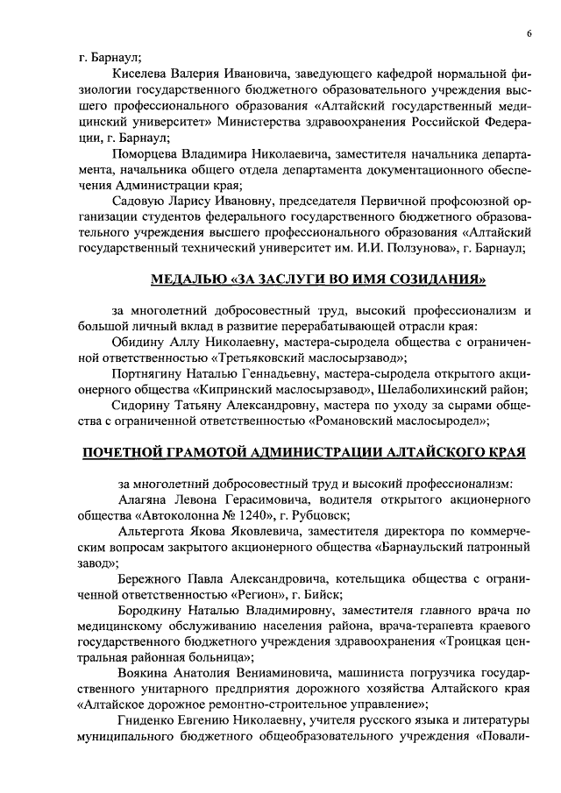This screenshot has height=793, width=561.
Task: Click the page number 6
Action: click(x=530, y=33)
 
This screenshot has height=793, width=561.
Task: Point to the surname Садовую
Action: click(x=143, y=202)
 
